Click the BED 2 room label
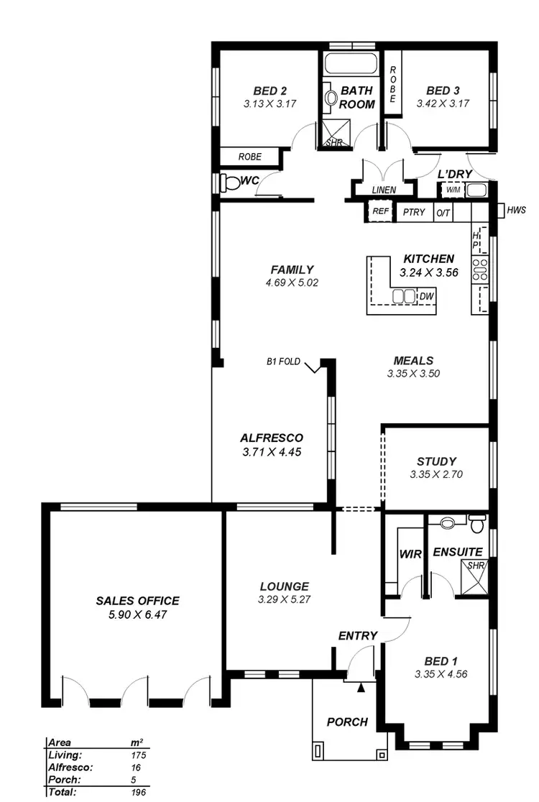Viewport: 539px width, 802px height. coord(270,91)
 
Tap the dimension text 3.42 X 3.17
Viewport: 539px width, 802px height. coord(443,103)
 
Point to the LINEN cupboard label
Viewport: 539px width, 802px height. coord(384,190)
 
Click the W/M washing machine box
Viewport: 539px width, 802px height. coord(452,190)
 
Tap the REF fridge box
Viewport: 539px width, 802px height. coord(380,212)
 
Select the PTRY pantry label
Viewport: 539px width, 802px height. coord(414,213)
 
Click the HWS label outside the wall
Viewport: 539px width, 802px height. coord(516,211)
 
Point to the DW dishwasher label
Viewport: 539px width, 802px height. coord(427,296)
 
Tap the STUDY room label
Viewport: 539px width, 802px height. coord(436,461)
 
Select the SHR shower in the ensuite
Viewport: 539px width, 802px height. coord(476,566)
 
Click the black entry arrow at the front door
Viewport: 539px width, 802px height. coord(361,688)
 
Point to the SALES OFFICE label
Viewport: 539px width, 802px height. coord(137,601)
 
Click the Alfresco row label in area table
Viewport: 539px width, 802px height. coord(68,767)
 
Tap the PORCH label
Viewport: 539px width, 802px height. coord(347,722)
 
